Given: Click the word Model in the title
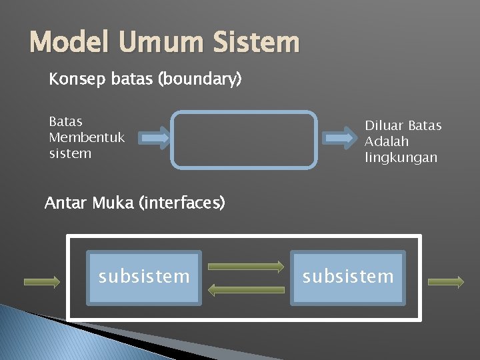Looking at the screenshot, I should point(72,43).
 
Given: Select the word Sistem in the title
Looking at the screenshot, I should point(256,43).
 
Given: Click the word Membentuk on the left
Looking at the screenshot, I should point(87,137).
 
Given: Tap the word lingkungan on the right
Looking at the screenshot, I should point(401,158).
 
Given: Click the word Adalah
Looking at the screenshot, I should point(387,142).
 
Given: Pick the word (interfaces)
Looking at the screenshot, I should point(181,203).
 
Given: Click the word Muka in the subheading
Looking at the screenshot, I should point(115,203).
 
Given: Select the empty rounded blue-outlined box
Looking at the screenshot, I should point(244,139).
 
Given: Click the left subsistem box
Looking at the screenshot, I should point(144,277).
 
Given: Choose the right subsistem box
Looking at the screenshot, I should point(348,277).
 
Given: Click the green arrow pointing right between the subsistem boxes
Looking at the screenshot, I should point(246,266).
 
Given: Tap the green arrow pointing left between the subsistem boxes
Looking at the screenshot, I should point(246,289).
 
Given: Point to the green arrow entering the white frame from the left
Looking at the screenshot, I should point(42,282).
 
